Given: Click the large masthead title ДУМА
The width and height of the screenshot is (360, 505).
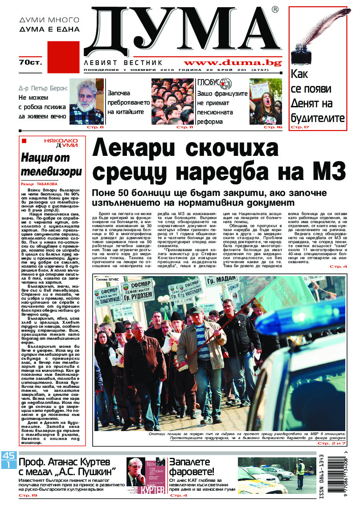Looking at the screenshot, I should click(x=183, y=31).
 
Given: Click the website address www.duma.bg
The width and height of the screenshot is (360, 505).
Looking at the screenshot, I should click(x=232, y=63).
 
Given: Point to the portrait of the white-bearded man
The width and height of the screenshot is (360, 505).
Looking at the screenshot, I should click(x=86, y=102).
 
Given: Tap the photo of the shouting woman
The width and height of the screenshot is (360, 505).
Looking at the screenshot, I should click(x=266, y=102).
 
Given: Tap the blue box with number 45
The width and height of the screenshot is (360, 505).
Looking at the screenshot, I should click(x=8, y=455).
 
